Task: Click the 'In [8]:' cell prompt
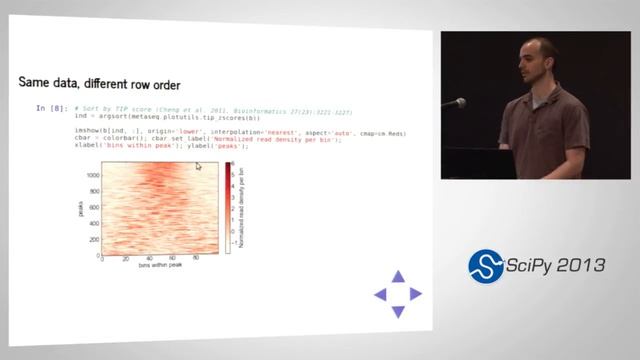pyautogui.click(x=51, y=108)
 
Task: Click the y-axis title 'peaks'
pyautogui.click(x=79, y=208)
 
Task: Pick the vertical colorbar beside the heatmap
pyautogui.click(x=229, y=208)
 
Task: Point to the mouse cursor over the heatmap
pyautogui.click(x=198, y=166)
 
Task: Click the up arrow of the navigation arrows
pyautogui.click(x=398, y=276)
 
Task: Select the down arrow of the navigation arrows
pyautogui.click(x=398, y=312)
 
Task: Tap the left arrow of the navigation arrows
pyautogui.click(x=380, y=294)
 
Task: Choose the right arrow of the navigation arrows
pyautogui.click(x=416, y=294)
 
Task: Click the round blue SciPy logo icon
pyautogui.click(x=486, y=266)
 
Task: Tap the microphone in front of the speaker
pyautogui.click(x=455, y=102)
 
